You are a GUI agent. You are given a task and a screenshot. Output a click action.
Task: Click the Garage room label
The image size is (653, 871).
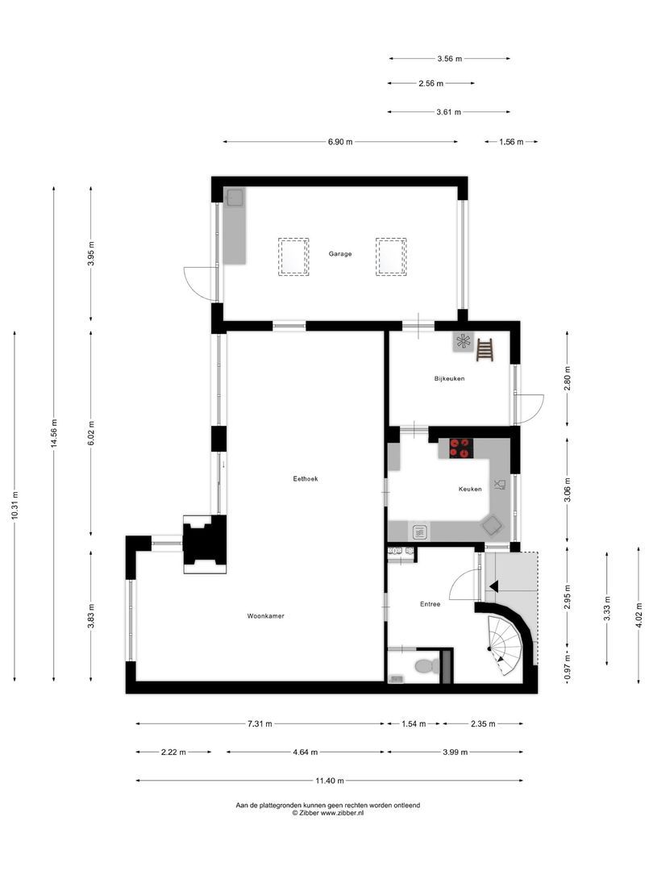339,254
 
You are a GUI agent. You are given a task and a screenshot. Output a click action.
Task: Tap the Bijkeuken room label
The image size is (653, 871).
449,378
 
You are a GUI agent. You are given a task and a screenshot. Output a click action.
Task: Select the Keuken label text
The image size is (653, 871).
469,490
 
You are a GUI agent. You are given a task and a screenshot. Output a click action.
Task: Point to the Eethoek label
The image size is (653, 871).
306,478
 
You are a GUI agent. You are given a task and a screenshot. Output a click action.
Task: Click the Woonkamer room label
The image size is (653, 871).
265,616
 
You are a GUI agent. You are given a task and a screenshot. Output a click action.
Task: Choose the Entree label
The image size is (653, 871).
430,604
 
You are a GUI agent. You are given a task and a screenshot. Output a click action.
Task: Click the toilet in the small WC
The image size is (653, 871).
424,667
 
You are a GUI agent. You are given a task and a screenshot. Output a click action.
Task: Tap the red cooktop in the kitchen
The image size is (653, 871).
460,448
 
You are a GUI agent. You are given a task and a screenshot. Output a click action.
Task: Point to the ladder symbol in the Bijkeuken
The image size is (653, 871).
485,349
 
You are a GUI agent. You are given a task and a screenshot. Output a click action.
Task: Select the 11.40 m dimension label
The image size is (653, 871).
331,781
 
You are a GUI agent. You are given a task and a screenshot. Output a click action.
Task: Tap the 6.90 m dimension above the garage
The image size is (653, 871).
340,142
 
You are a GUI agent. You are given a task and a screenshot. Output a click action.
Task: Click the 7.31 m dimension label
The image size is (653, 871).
260,723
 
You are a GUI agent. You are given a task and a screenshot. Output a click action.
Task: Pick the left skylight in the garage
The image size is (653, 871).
293,256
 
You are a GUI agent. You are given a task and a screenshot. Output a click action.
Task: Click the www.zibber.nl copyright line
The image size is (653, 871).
327,813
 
